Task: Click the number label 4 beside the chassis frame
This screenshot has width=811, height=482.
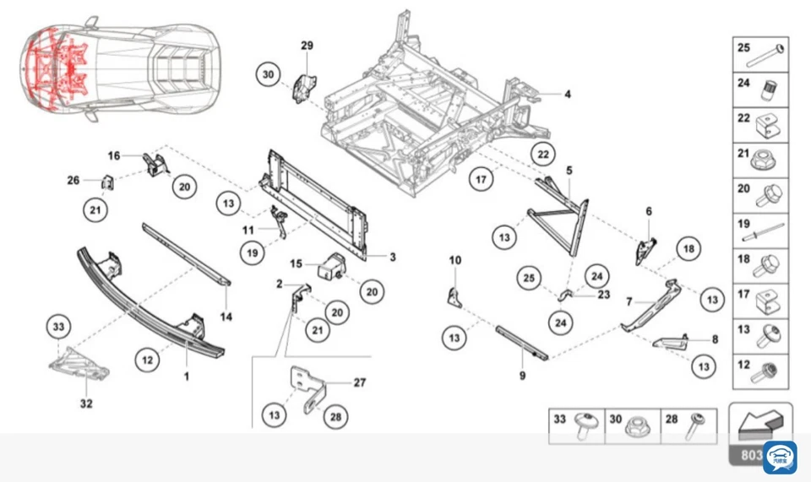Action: pyautogui.click(x=568, y=94)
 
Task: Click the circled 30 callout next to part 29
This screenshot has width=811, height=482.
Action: pyautogui.click(x=268, y=75)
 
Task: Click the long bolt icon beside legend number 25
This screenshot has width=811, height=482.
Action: pyautogui.click(x=770, y=53)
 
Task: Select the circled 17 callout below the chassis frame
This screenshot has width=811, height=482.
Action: pyautogui.click(x=481, y=179)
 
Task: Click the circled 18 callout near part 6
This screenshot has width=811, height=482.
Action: pyautogui.click(x=689, y=249)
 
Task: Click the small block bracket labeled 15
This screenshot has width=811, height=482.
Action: pyautogui.click(x=331, y=264)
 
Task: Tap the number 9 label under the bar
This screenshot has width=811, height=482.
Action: pyautogui.click(x=522, y=376)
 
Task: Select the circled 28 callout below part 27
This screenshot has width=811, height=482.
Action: pyautogui.click(x=335, y=416)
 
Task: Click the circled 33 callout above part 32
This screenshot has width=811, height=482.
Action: pyautogui.click(x=57, y=328)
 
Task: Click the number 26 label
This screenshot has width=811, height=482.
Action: pyautogui.click(x=73, y=179)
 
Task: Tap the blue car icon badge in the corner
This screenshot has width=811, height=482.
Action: pyautogui.click(x=779, y=457)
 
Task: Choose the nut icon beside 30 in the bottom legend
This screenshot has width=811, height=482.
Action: pyautogui.click(x=636, y=427)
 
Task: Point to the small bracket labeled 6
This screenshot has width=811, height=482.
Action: pyautogui.click(x=646, y=247)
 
